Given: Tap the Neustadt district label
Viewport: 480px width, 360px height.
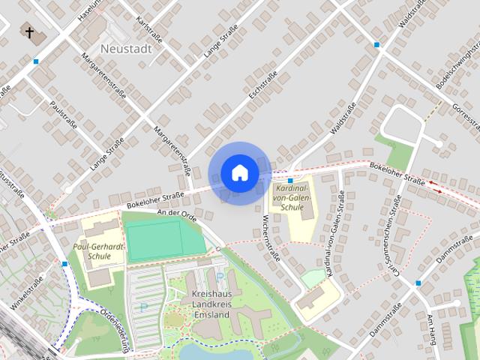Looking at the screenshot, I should coord(126,49).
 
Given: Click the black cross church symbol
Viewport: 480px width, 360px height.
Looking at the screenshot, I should coord(30,32).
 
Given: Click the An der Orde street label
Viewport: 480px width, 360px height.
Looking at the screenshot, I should coord(177,214).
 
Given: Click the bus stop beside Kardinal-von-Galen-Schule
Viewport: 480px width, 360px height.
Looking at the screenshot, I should coord(289,181).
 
